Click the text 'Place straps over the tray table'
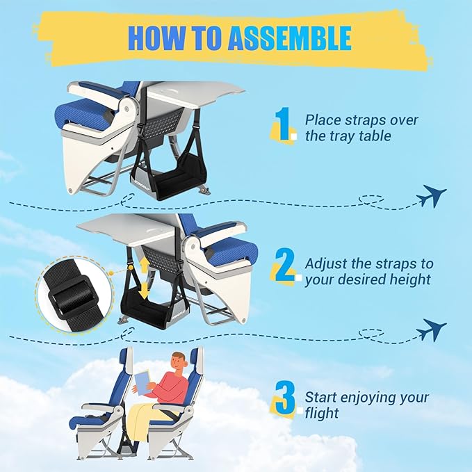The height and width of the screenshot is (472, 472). click(x=361, y=128)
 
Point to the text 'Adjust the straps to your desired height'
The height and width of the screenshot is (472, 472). click(x=368, y=271)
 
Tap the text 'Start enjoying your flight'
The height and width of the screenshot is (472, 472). click(x=366, y=406)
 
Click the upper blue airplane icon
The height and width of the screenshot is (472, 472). click(x=431, y=197)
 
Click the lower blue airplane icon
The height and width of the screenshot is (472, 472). click(x=431, y=329)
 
